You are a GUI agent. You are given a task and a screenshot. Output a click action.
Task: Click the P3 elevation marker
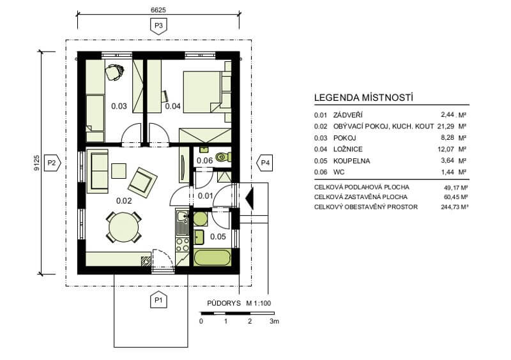pos(158,26)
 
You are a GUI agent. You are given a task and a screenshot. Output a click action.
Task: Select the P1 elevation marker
pos(158,300)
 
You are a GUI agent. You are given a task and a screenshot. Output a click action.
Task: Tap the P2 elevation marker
pos(52,162)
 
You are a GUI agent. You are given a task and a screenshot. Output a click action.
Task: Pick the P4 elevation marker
pos(264,162)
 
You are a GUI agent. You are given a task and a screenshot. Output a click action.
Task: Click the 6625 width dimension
pos(158,10)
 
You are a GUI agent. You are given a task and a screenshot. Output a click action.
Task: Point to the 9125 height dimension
pos(36,163)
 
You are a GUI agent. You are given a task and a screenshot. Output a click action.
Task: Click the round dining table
pos(124,227)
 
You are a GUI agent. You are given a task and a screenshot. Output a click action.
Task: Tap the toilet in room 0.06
pos(224,158)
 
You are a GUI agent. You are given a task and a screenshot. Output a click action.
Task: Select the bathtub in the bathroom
pos(213,257)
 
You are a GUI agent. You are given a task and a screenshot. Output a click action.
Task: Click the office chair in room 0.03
pos(114,72)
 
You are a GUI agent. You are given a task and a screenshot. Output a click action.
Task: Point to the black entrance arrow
pos(249,197)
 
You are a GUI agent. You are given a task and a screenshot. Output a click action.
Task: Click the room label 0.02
pos(124,200)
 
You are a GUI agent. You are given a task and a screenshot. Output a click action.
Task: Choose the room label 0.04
pos(172,106)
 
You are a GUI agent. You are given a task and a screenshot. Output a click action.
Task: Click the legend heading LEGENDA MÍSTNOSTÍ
pos(363,98)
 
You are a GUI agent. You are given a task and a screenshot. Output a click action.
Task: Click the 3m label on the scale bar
pos(275,321)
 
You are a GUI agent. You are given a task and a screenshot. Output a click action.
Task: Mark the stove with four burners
pos(182,244)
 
